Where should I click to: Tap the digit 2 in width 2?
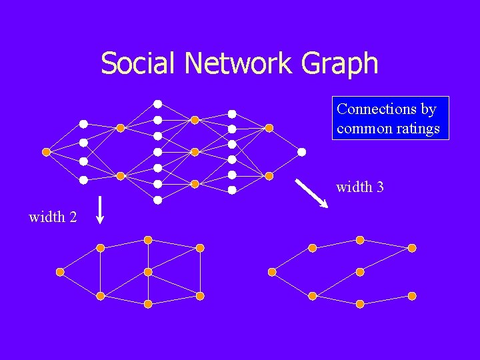[72, 217]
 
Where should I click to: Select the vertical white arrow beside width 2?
[99, 209]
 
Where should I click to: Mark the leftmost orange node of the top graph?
[46, 152]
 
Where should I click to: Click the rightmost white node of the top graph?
[301, 152]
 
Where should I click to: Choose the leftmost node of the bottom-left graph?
[60, 272]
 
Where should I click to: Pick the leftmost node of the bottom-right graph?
[272, 272]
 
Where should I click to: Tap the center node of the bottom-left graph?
[148, 272]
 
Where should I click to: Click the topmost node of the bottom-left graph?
[148, 240]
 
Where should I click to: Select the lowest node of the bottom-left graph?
[148, 304]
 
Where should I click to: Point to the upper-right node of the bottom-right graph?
[412, 248]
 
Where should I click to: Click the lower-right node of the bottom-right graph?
[412, 296]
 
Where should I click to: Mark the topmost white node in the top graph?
[158, 103]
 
